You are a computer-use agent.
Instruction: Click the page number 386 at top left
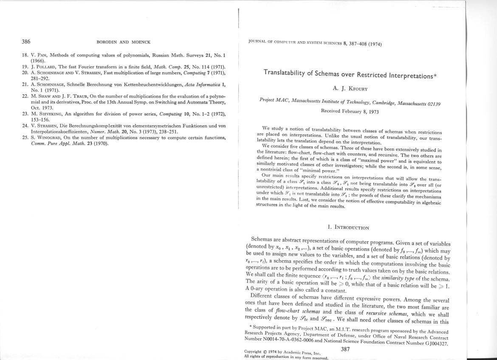click(26, 42)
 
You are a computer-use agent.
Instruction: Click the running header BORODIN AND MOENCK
click(124, 42)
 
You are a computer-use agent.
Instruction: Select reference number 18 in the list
click(25, 56)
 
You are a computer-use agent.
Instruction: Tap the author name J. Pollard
click(43, 67)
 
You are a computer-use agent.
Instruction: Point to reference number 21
click(25, 84)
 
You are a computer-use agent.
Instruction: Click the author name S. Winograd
click(45, 138)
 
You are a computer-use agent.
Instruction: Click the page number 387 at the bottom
click(345, 349)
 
